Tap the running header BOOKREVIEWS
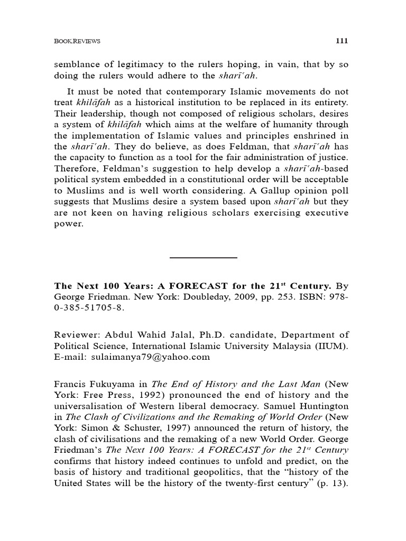point(77,41)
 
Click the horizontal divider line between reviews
point(203,258)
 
